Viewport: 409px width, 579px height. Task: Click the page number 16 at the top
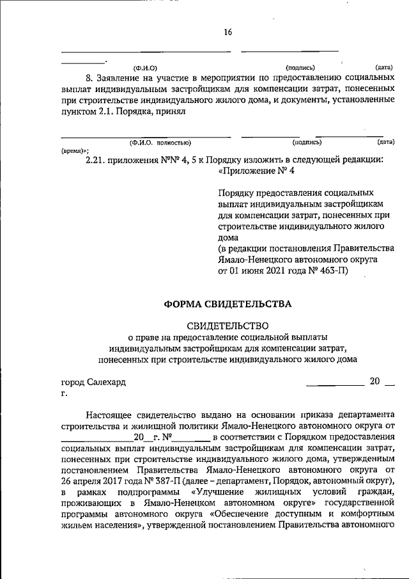[228, 33]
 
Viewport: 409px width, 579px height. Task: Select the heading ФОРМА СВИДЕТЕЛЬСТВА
[228, 304]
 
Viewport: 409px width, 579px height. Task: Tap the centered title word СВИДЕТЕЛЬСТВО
[228, 326]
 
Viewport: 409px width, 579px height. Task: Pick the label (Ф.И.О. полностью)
[160, 142]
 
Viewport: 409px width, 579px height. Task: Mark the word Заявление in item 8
[123, 78]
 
